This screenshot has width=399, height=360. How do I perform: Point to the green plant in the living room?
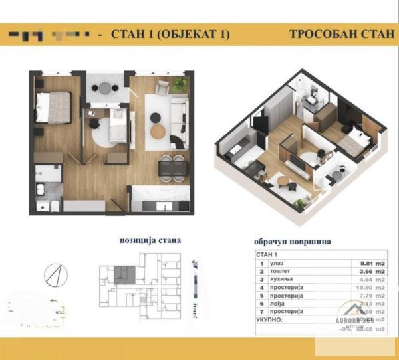point(178,84)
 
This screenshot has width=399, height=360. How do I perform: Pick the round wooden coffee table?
point(158,131)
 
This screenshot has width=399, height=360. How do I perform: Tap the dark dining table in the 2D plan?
point(172,164)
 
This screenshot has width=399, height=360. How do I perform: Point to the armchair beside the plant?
point(162,87)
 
